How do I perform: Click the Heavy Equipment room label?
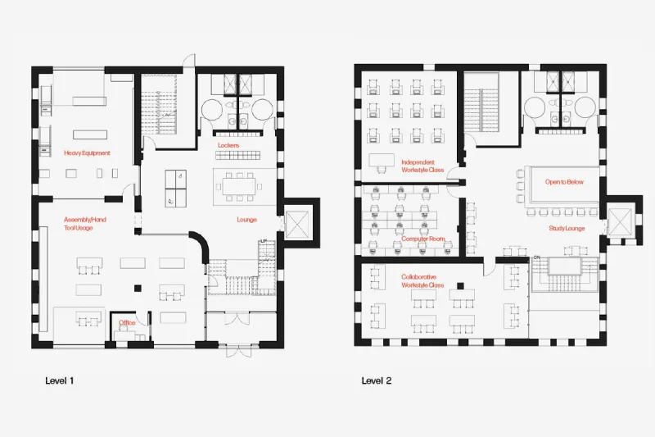coord(87,153)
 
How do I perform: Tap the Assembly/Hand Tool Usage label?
coord(85,224)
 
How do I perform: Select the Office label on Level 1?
coord(127,323)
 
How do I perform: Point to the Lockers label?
coord(228,145)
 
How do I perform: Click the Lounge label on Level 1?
coord(247,220)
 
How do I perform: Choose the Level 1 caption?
coord(60,380)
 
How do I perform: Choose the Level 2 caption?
coord(377,380)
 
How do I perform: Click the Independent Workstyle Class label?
coord(422,166)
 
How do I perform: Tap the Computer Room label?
coord(423,239)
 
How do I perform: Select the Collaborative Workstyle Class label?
coord(422,281)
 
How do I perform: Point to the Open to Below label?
coord(564,182)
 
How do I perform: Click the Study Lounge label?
coord(567,228)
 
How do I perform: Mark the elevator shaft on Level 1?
coord(296,225)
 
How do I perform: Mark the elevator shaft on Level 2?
coord(620,221)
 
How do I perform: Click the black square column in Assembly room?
coord(138,288)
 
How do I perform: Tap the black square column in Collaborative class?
coord(460,286)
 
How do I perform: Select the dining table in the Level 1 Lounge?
coord(238,186)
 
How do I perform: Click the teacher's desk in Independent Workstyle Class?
coord(382,160)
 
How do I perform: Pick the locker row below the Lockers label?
coord(237,155)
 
